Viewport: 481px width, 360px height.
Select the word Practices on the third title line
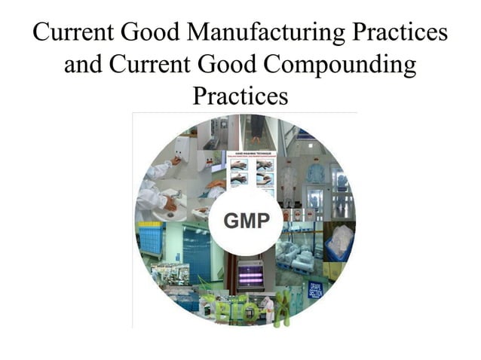[240, 96]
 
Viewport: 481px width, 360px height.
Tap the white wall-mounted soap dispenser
[181, 148]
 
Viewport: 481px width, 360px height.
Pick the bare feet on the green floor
[258, 136]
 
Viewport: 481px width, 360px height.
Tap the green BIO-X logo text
[226, 308]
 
